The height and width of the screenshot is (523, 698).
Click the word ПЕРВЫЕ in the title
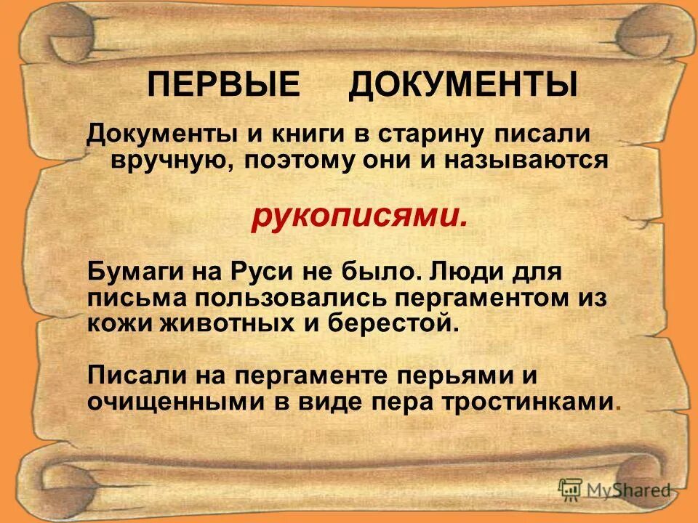coord(222,85)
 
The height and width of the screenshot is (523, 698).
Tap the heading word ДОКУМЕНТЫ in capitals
coord(462,85)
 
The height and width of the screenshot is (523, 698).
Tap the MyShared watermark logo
coord(614,489)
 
